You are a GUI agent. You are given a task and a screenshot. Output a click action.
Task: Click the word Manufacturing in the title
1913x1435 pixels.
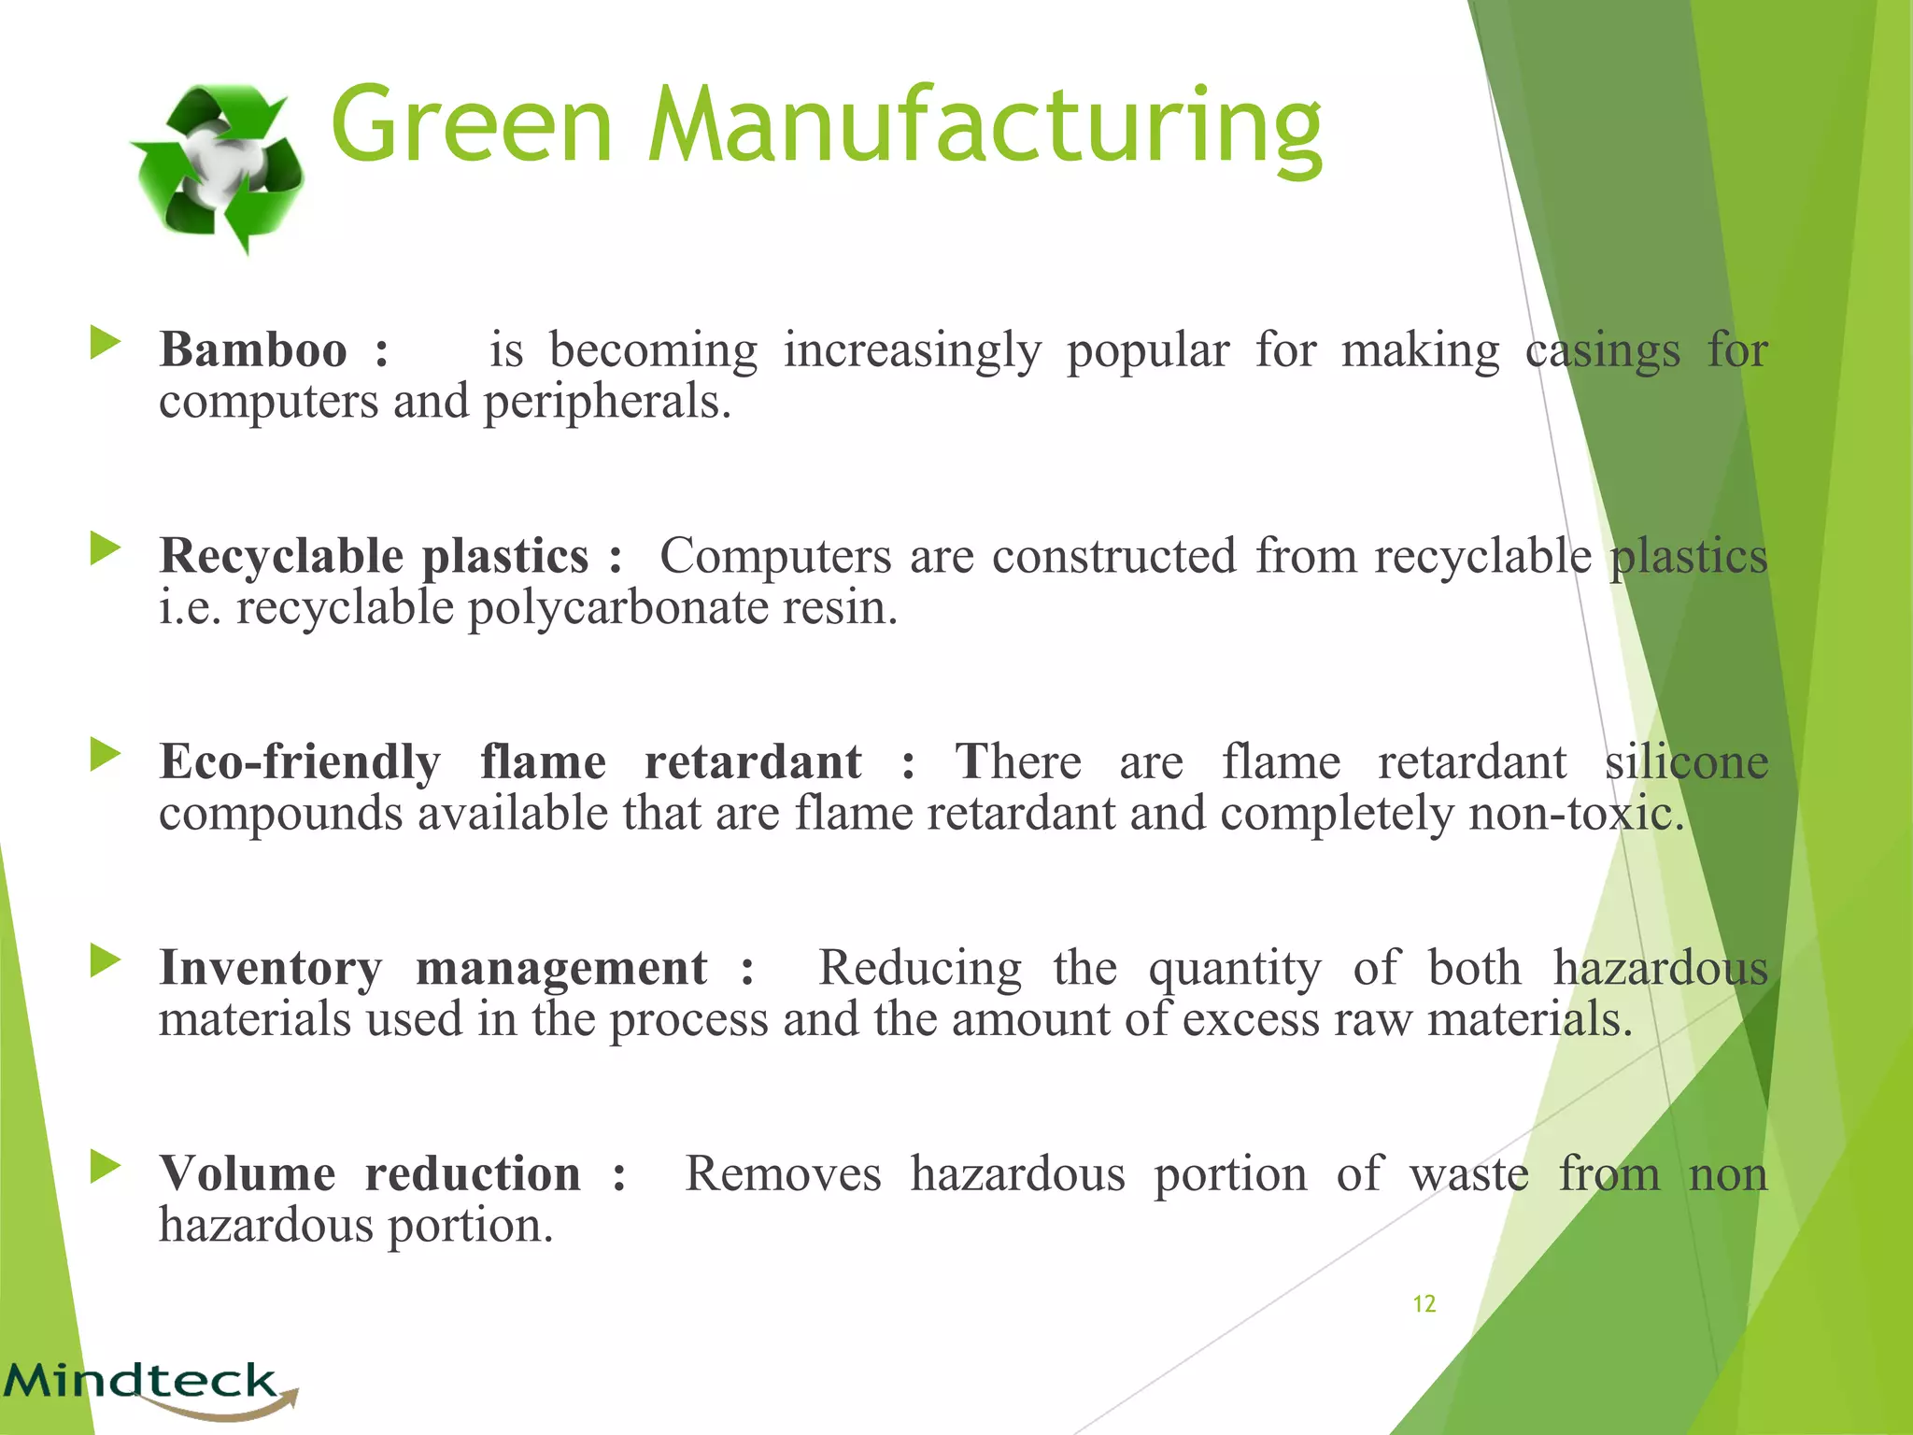pos(984,126)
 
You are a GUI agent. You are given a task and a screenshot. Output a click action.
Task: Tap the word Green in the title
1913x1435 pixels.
pos(472,126)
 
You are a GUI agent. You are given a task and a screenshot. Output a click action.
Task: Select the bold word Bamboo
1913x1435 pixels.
pos(253,350)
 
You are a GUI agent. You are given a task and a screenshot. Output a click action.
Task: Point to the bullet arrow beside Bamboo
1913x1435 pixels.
pos(105,343)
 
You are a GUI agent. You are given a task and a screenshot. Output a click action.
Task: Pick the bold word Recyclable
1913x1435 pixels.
pos(281,557)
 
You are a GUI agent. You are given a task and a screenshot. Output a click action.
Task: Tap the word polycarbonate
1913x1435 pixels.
pos(617,608)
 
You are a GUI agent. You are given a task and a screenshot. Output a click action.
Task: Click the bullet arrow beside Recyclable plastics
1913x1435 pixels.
pos(105,549)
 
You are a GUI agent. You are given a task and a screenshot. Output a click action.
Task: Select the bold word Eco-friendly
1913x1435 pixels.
pos(300,762)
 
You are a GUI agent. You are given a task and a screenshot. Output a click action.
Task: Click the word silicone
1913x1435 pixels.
pos(1686,762)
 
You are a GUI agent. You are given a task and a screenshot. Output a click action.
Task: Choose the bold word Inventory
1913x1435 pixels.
pos(271,968)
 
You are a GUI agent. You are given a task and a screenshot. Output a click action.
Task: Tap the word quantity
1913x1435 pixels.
pos(1234,968)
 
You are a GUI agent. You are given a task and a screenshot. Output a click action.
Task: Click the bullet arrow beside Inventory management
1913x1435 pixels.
pos(105,960)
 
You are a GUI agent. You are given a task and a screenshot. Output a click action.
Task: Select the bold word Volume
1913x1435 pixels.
pos(248,1174)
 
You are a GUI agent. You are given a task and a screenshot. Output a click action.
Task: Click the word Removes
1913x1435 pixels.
pos(783,1174)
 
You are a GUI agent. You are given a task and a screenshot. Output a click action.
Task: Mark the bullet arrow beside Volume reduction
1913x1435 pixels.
pos(105,1167)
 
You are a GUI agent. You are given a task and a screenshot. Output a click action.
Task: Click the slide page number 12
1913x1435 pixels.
pos(1424,1304)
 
